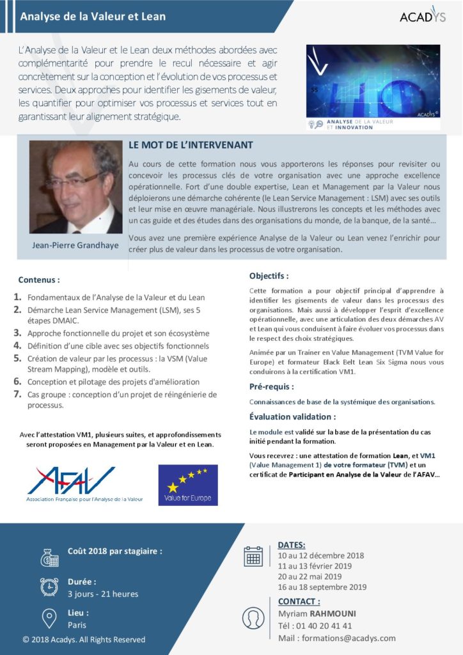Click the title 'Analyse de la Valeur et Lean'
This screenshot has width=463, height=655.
[93, 17]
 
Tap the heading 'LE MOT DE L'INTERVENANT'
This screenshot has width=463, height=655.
[191, 146]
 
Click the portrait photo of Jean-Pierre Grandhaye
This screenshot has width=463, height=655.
[75, 187]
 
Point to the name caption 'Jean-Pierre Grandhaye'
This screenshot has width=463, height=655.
[75, 245]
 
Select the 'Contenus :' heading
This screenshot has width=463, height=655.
[39, 280]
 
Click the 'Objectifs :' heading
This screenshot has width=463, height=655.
[269, 276]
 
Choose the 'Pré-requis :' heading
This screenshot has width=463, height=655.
[271, 387]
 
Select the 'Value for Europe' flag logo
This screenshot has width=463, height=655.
[187, 485]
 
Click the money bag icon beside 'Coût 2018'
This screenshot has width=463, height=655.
[49, 556]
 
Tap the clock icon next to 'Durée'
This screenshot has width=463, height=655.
[49, 587]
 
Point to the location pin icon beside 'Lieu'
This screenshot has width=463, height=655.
[49, 618]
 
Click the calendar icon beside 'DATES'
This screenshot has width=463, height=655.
[253, 556]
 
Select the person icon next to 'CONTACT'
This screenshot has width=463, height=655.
[253, 618]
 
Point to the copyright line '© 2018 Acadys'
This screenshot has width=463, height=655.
[84, 640]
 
